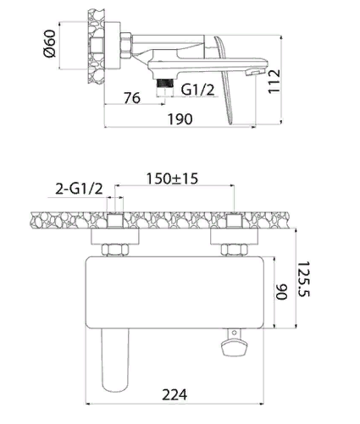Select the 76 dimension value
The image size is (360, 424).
[x=131, y=98]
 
